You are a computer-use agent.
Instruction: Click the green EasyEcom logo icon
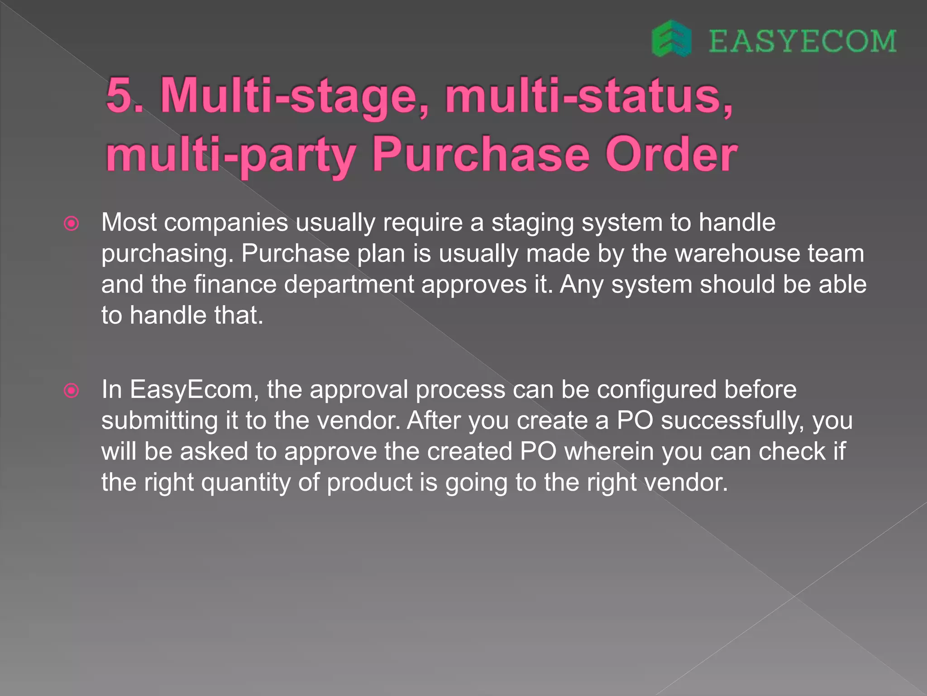tap(671, 39)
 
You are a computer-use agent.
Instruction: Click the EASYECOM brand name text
tap(802, 41)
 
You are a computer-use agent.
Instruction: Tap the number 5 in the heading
tap(121, 95)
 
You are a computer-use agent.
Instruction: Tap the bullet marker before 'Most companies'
tap(72, 223)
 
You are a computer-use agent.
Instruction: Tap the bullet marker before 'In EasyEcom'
tap(72, 390)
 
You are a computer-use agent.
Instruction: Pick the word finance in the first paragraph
tap(235, 285)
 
